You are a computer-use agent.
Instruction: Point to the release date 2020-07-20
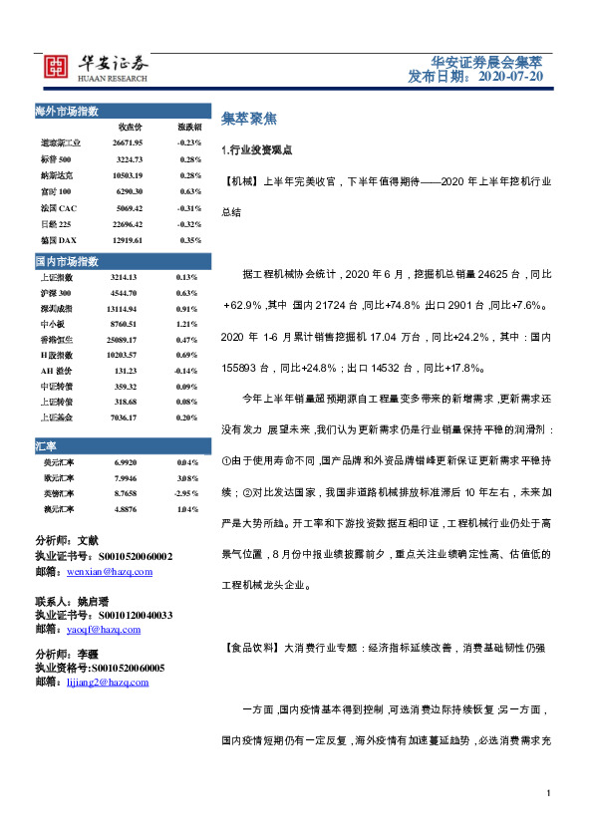pos(510,76)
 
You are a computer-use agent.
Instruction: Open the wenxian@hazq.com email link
pos(110,572)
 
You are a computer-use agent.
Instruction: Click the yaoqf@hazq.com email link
pos(104,630)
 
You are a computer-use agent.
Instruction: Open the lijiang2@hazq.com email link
pos(107,682)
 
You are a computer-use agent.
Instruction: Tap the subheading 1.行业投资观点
pos(256,149)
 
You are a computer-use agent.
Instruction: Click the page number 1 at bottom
pos(548,792)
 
